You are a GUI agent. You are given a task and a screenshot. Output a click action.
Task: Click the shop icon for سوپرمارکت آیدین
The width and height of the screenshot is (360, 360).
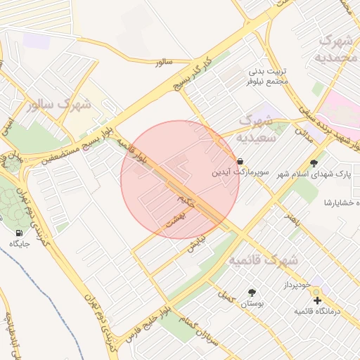[241, 161]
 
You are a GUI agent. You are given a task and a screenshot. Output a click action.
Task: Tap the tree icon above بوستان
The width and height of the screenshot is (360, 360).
[251, 292]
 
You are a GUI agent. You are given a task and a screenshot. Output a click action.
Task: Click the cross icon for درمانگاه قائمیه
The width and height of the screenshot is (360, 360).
[316, 300]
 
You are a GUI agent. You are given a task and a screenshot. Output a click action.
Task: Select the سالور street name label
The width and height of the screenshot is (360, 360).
[164, 63]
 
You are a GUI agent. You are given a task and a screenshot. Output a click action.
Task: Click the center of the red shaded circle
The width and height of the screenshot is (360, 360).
[180, 180]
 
